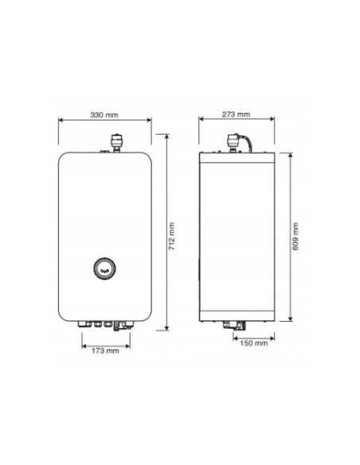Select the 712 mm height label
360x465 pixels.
tap(173, 232)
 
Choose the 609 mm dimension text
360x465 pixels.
tap(295, 236)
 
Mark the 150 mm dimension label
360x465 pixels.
tap(254, 344)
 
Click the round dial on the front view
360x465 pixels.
tap(105, 269)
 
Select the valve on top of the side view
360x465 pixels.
tap(233, 139)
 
